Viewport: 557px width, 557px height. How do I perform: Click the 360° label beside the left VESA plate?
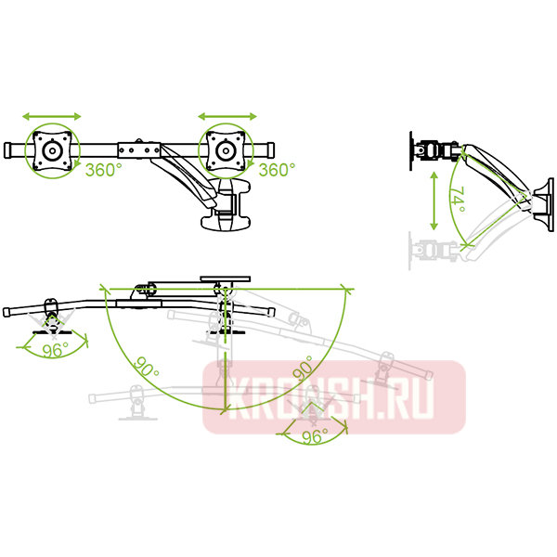click(x=104, y=170)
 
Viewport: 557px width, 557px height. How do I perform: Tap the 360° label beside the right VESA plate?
click(x=277, y=170)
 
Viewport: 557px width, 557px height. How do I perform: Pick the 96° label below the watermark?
click(x=315, y=439)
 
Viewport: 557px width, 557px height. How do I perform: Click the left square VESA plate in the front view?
click(x=52, y=149)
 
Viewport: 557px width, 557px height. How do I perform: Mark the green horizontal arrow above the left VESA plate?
click(x=52, y=117)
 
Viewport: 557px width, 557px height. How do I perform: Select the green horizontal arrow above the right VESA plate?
click(x=226, y=117)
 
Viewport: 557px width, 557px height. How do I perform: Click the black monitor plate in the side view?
click(x=414, y=149)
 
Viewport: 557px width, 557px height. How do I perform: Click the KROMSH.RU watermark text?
click(x=333, y=398)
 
